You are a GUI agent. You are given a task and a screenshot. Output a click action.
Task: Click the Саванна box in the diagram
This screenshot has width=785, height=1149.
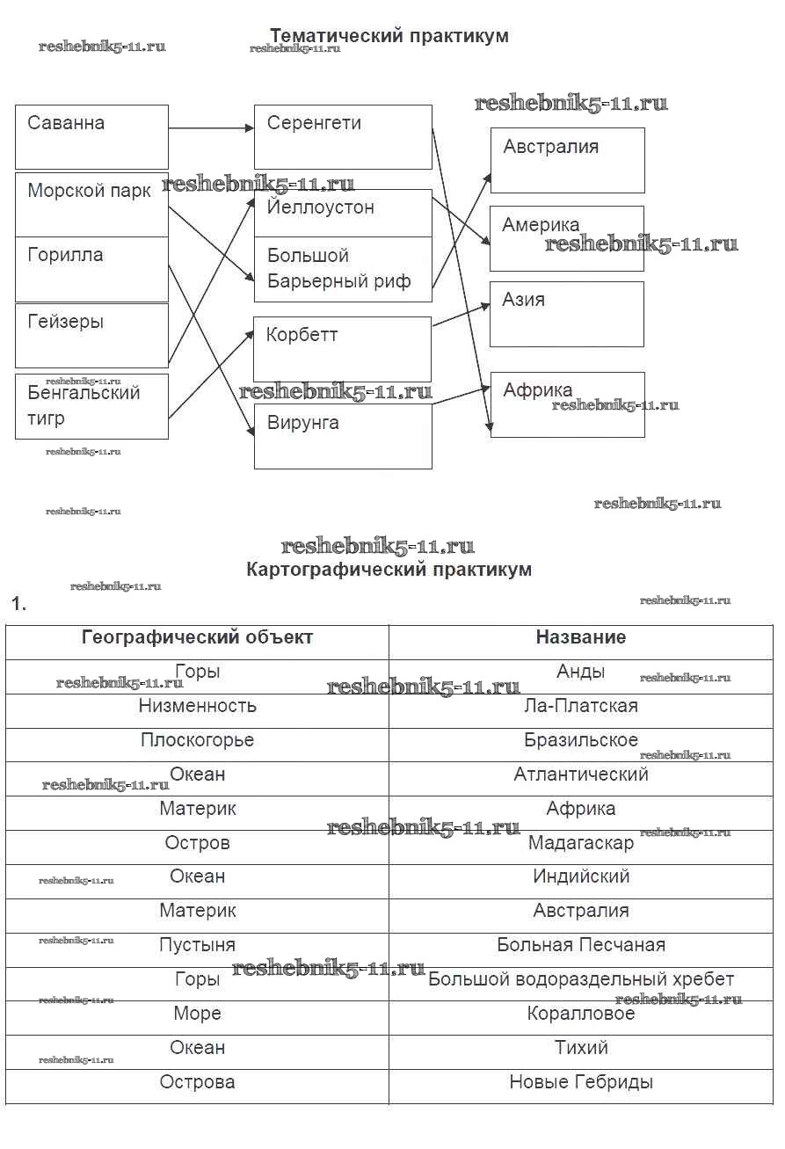pos(91,137)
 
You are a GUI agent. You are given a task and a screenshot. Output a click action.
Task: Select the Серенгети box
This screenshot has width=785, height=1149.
pos(343,137)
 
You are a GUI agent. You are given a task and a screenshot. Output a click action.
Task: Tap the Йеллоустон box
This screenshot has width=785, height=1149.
pos(343,213)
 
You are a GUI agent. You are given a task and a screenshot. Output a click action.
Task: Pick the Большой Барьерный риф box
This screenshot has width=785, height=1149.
pos(343,269)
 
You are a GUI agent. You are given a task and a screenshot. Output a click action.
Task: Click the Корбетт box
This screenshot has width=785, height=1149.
pos(343,349)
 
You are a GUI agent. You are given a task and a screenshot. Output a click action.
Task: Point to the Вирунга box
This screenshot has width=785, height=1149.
pos(343,436)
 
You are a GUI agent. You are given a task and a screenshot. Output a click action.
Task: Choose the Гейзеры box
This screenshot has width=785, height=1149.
pos(91,335)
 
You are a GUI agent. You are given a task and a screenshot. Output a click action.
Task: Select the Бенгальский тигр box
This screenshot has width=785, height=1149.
pos(91,406)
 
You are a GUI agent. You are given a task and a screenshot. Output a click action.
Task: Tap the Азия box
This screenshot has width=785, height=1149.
pos(567,314)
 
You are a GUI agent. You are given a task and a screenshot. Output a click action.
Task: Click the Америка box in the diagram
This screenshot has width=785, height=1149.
pos(567,238)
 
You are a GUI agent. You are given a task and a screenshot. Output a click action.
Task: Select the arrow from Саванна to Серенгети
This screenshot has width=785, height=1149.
pos(211,128)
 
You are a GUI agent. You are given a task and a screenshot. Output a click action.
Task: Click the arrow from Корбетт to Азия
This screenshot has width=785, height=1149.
pos(461,316)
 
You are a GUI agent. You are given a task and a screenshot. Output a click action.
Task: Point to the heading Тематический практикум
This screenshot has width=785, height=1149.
pos(389,36)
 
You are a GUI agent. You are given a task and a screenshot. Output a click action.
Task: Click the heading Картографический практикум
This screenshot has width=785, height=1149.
pos(389,570)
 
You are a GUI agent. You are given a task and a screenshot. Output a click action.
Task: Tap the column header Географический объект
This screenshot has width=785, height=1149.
pos(197,637)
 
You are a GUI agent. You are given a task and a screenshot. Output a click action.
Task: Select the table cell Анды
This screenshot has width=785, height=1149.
pos(581,673)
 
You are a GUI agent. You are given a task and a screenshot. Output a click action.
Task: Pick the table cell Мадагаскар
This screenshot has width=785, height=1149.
pos(581,843)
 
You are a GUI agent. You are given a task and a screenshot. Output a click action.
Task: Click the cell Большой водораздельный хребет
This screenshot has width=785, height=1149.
pos(581,979)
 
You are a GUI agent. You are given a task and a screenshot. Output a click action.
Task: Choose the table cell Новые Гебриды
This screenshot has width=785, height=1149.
pos(581,1082)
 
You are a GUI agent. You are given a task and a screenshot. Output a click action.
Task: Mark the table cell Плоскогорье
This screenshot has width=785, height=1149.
pos(197,740)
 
